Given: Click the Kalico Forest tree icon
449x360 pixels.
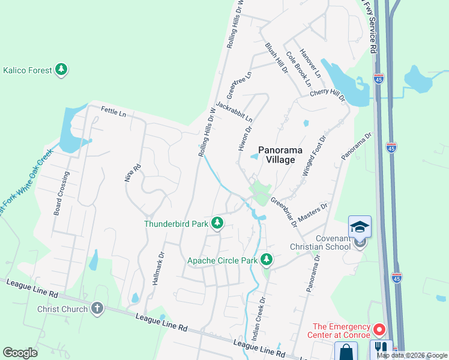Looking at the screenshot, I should click(x=61, y=70).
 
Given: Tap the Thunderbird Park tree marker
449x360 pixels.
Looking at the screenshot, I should click(x=217, y=224).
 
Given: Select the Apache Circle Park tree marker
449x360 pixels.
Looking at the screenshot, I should click(x=267, y=260).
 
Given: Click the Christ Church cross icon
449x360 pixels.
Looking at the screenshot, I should click(x=97, y=309).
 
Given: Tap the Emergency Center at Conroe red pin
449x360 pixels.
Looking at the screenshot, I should click(x=379, y=329).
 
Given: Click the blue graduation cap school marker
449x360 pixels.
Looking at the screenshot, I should click(x=360, y=227).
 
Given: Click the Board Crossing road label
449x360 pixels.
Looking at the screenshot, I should click(x=61, y=192).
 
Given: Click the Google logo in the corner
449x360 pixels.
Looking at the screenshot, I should click(x=20, y=353).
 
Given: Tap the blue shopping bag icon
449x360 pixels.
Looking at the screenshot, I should click(x=346, y=352).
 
